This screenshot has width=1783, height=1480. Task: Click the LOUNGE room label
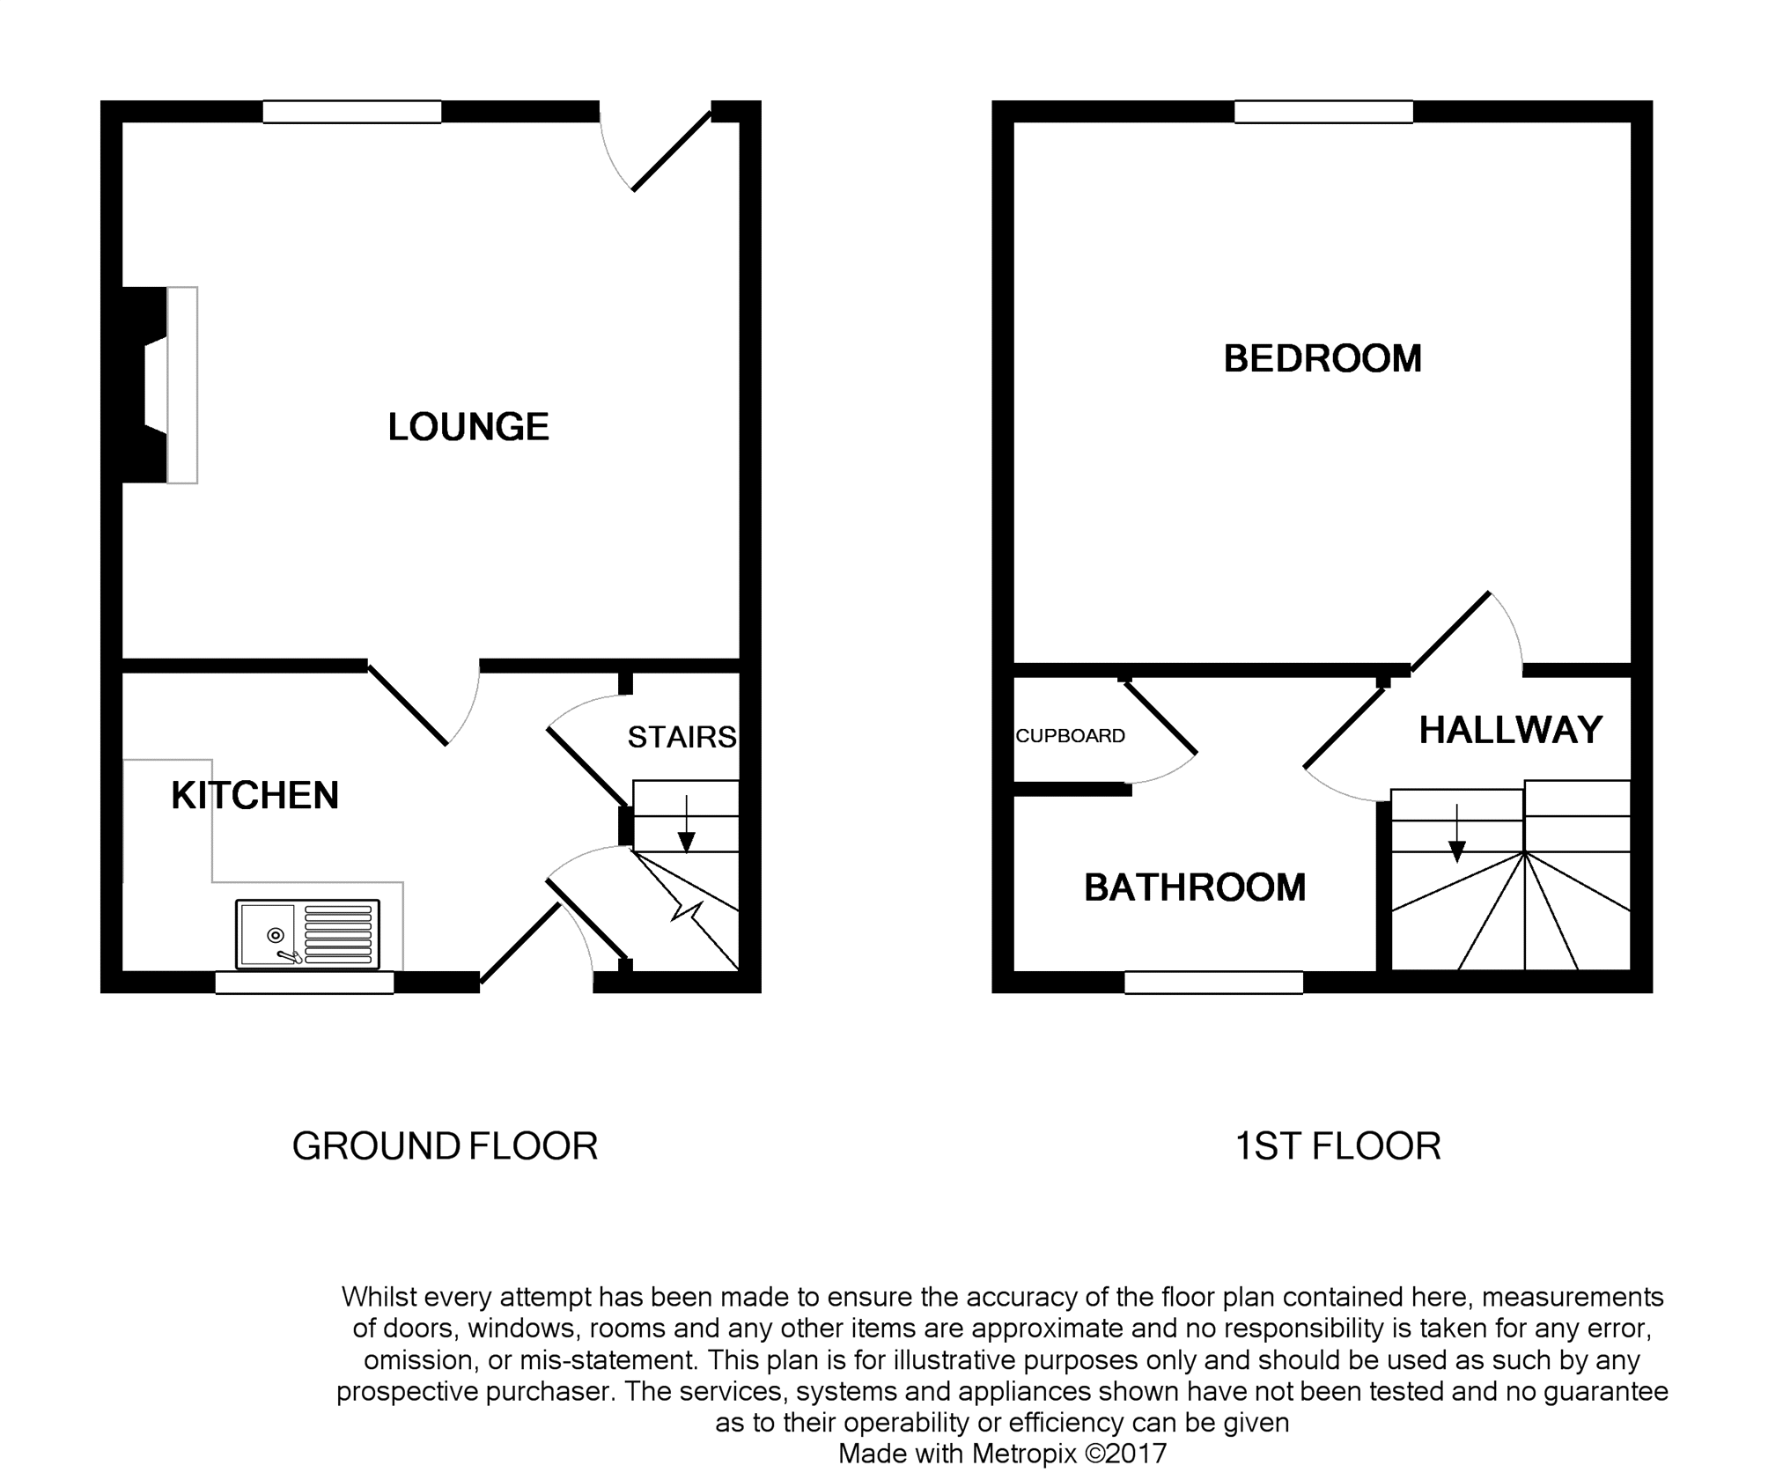pos(468,427)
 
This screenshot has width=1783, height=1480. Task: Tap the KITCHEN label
pos(254,795)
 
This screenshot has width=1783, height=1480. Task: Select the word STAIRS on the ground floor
pos(682,737)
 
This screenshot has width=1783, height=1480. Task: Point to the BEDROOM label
pos(1323,358)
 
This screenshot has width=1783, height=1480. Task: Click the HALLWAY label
pos(1510,730)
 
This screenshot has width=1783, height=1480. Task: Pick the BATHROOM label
pos(1195,887)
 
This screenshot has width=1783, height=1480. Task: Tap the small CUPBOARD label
pos(1070,736)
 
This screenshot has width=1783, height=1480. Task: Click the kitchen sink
pos(307,933)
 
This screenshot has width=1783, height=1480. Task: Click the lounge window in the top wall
pos(352,112)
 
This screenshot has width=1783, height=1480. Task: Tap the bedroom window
pos(1323,112)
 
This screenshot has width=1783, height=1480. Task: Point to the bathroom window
pos(1213,983)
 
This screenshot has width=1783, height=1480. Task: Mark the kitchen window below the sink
pos(305,983)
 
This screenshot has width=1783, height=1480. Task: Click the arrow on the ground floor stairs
pos(686,824)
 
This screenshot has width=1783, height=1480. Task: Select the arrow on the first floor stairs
pos(1457,833)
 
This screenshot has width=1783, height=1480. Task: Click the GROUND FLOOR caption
pos(445,1146)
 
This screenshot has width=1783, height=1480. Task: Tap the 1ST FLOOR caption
pos(1337,1146)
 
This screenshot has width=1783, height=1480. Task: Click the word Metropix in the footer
pos(1023,1454)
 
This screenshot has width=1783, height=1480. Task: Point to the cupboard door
pos(1160,718)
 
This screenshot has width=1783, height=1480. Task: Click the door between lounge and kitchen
pos(408,703)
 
